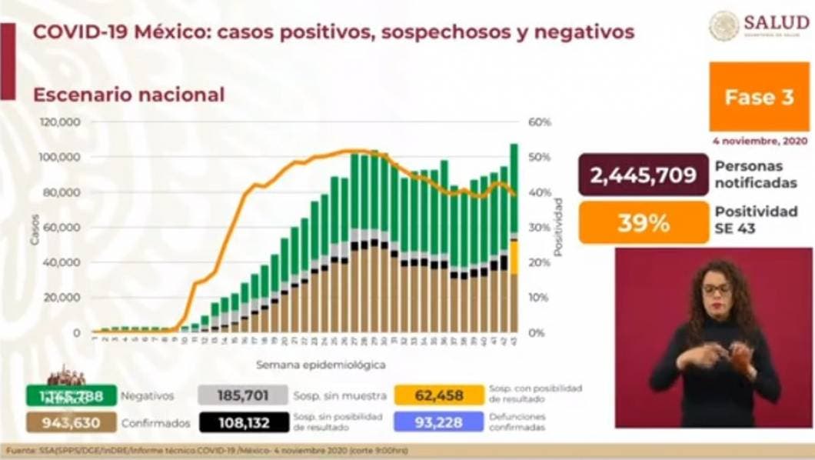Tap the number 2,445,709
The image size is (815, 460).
[x=644, y=176]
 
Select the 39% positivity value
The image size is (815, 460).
[x=644, y=222]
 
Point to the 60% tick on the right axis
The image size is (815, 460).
[x=541, y=122]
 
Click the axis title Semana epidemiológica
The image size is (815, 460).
[x=321, y=365]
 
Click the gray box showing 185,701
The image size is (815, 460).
[x=243, y=395]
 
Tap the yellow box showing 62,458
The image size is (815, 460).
[x=439, y=395]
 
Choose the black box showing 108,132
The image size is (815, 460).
[x=243, y=422]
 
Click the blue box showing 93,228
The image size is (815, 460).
[x=439, y=422]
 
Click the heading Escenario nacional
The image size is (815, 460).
[x=128, y=95]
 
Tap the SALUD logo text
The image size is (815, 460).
[x=776, y=23]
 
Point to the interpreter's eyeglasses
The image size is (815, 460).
[x=717, y=288]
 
